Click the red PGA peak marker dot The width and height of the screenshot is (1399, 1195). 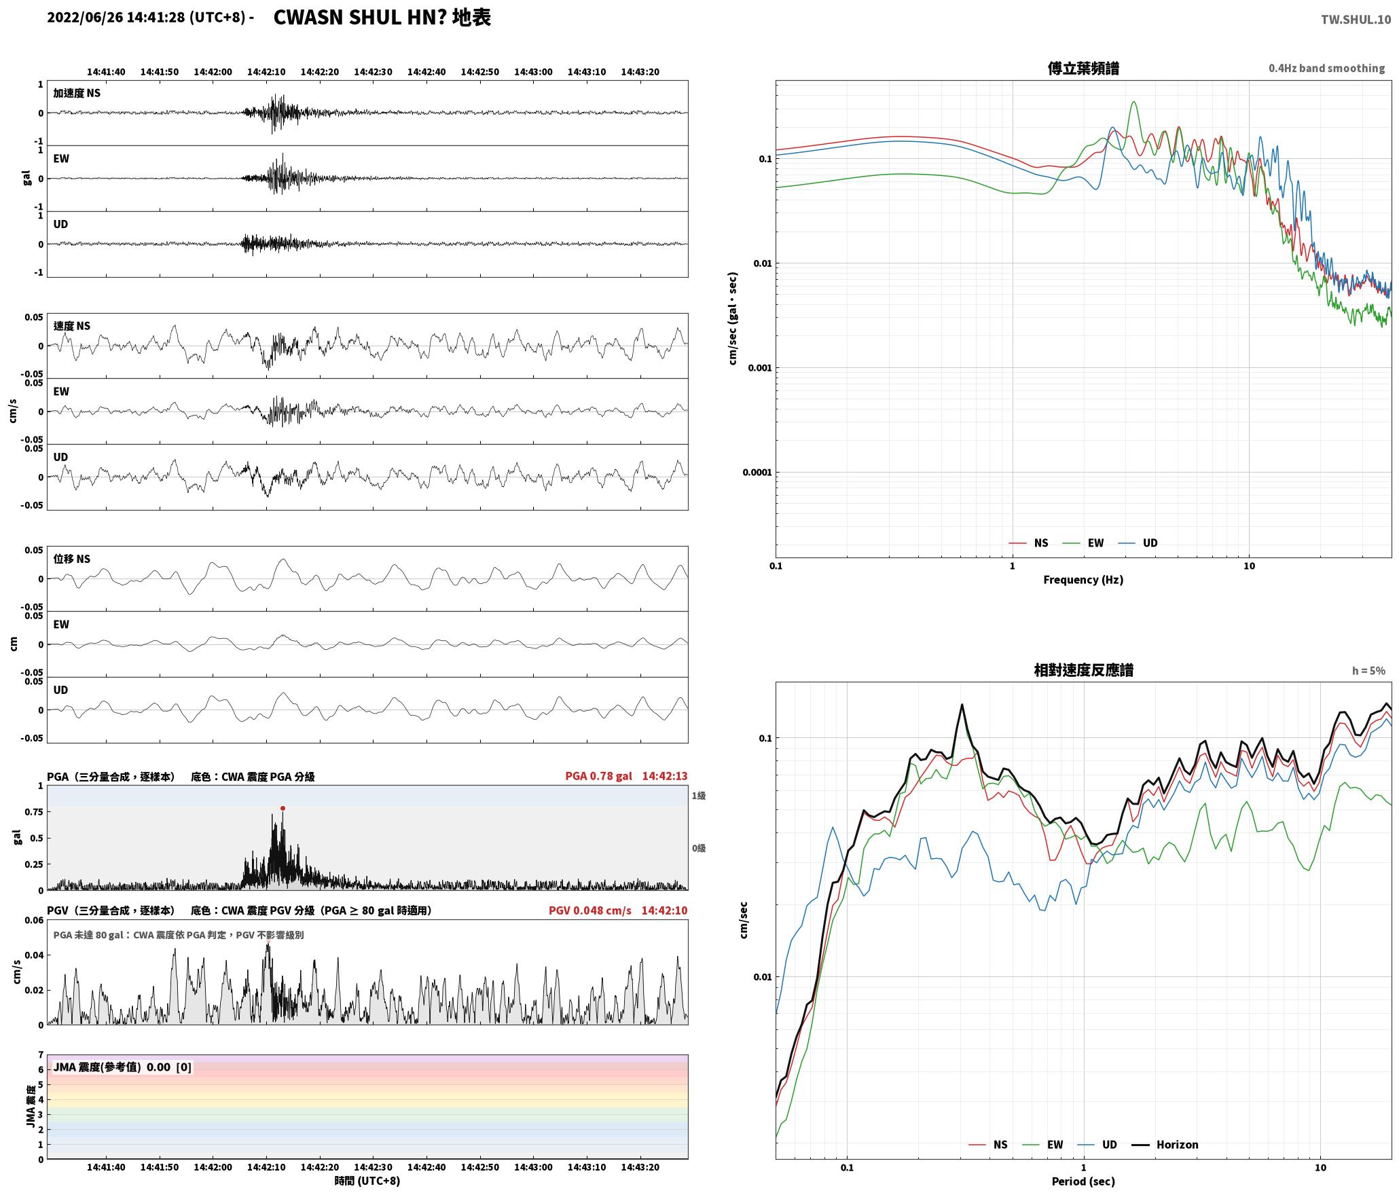[283, 808]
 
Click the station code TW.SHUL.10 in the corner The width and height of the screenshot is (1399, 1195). [1356, 20]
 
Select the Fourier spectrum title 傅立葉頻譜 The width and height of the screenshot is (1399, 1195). [1083, 68]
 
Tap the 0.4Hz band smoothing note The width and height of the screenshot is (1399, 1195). [1326, 68]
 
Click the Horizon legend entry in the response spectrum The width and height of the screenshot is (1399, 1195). [1165, 1144]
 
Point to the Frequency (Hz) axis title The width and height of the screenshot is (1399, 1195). [1083, 579]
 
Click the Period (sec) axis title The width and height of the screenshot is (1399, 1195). [1083, 1181]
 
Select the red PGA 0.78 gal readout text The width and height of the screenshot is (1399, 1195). [598, 775]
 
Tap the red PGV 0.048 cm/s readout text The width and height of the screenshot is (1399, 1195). [589, 910]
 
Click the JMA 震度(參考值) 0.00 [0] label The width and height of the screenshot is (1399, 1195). [122, 1067]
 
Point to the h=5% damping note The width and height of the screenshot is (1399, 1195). [1368, 670]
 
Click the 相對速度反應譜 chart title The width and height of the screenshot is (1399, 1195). [1083, 669]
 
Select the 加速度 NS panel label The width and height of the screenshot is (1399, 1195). [77, 93]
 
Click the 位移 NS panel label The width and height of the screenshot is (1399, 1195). [71, 559]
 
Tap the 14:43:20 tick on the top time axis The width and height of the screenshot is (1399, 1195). [640, 71]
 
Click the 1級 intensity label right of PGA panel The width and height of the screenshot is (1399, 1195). [698, 795]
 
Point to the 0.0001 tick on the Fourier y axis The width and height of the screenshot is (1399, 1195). [757, 473]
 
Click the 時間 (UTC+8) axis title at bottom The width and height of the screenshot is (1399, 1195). [367, 1181]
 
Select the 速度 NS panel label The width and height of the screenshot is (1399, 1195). [71, 326]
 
